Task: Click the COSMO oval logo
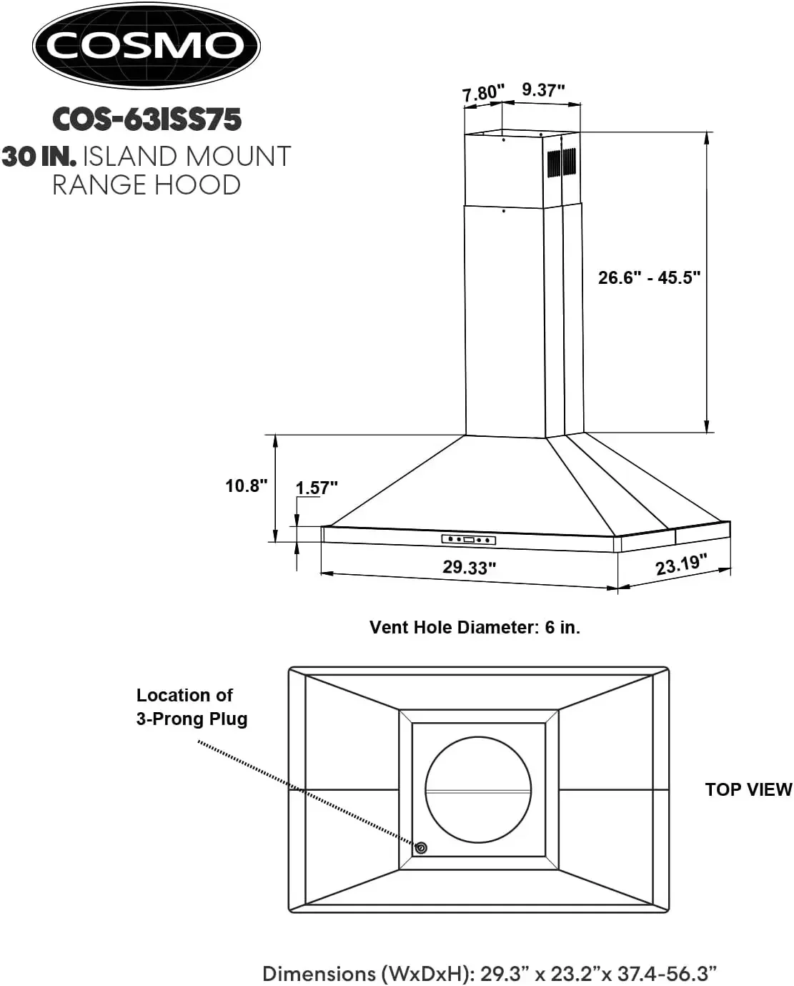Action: point(146,45)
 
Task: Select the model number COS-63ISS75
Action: point(147,119)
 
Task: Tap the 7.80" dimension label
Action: point(483,93)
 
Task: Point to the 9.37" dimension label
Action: point(543,89)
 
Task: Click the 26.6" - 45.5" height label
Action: point(649,277)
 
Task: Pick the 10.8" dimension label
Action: point(247,485)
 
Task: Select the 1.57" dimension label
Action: point(317,488)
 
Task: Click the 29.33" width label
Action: point(469,567)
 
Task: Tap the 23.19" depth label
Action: point(682,564)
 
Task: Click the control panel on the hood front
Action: point(468,539)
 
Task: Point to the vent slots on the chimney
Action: point(562,162)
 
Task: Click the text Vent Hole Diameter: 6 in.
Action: point(475,627)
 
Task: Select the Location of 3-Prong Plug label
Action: point(192,706)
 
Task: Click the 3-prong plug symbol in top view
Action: point(421,847)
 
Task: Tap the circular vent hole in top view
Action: point(478,789)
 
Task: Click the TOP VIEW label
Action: point(748,789)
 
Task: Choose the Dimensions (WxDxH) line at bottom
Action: point(490,973)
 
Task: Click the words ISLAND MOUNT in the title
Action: point(187,156)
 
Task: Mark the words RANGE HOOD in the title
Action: point(147,184)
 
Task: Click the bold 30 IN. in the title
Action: point(39,156)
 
